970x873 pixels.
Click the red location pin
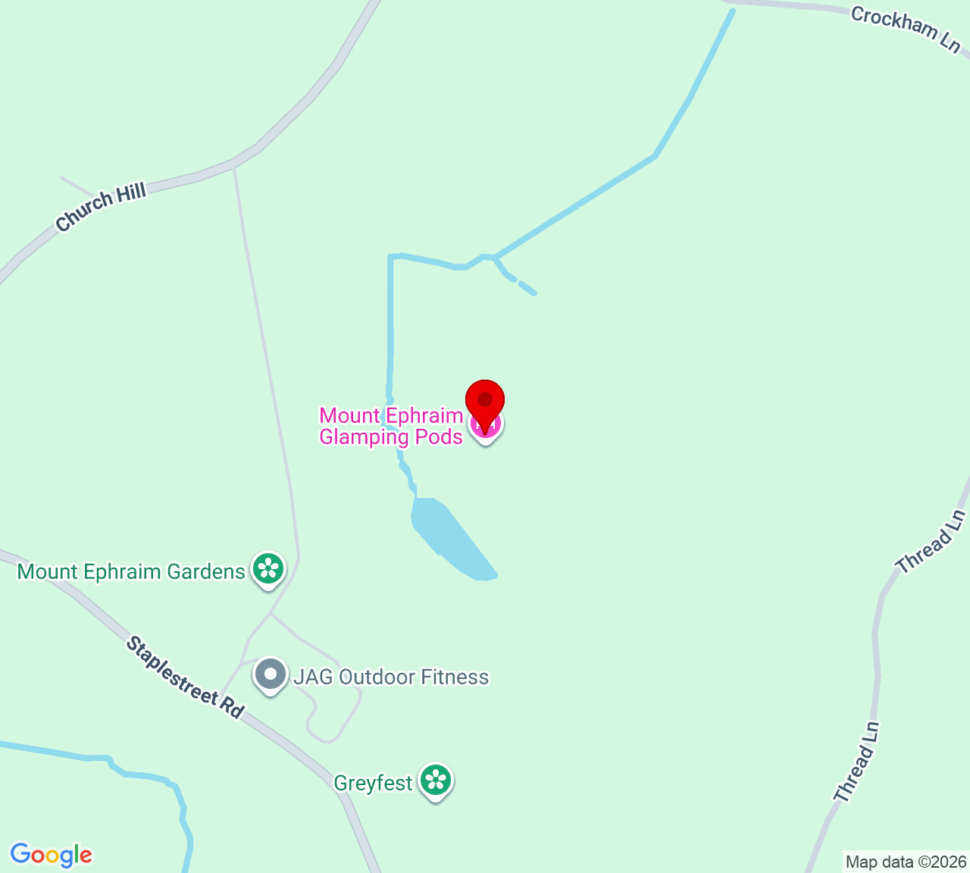click(485, 402)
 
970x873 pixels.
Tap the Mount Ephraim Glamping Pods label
click(391, 426)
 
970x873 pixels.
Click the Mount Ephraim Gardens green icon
click(268, 569)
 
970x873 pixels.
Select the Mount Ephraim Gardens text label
click(131, 571)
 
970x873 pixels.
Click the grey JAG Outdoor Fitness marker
click(270, 674)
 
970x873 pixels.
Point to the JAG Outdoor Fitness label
click(391, 677)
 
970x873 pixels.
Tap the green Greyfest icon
click(436, 781)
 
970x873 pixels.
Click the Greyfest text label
click(373, 783)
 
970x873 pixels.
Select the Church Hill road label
click(101, 208)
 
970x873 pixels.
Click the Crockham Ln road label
click(906, 30)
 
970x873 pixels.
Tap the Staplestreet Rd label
click(185, 677)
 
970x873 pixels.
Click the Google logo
click(51, 855)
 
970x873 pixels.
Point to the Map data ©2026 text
click(906, 862)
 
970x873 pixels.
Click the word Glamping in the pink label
click(358, 436)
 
